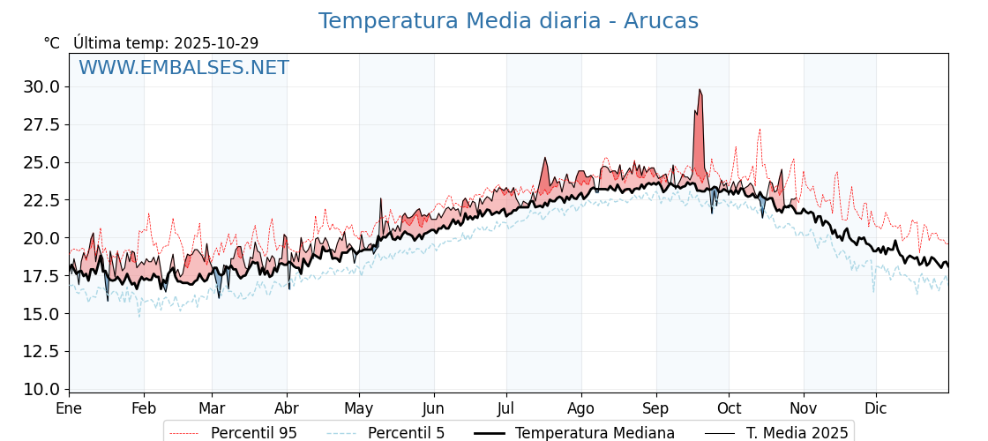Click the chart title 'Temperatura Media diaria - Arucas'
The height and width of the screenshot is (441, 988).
click(x=508, y=21)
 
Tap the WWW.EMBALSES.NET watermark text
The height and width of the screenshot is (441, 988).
click(x=183, y=69)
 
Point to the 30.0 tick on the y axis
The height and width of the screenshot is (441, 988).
click(x=42, y=86)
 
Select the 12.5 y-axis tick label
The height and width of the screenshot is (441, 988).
click(x=42, y=351)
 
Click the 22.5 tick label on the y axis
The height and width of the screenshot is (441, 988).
click(x=42, y=200)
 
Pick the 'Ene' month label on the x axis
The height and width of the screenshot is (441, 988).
click(x=69, y=408)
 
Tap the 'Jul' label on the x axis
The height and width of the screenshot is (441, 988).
click(x=506, y=408)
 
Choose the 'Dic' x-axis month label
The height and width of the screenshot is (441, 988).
click(x=876, y=408)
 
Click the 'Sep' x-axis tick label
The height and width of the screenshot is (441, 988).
click(x=656, y=408)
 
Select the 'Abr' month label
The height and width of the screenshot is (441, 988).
click(x=287, y=408)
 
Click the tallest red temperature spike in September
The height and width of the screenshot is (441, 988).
click(x=700, y=91)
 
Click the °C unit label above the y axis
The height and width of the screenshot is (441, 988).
click(x=52, y=43)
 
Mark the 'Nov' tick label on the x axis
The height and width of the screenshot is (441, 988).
click(x=804, y=408)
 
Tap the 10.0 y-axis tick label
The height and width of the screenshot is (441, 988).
click(x=42, y=389)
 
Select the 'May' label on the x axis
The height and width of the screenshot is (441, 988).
click(x=359, y=408)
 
